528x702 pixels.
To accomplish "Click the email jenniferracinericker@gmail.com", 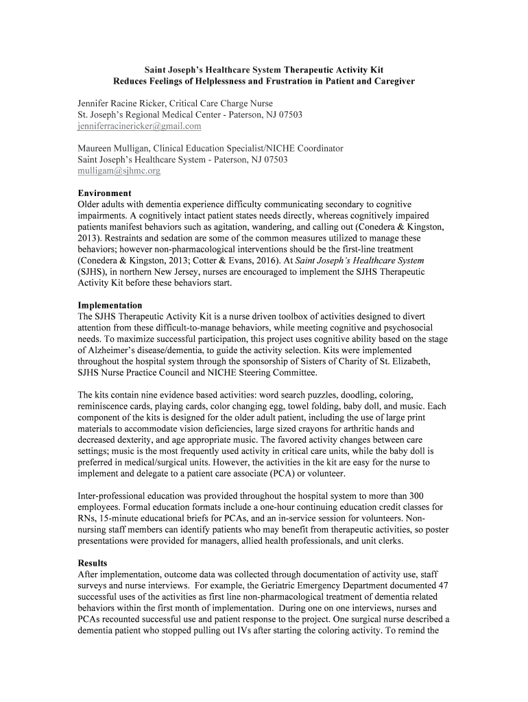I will coord(139,126).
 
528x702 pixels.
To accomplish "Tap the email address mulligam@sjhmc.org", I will coord(119,171).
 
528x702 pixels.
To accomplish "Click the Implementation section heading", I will coord(110,305).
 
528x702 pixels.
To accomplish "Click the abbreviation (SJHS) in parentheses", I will coord(92,271).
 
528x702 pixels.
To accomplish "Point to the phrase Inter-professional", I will coord(110,496).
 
